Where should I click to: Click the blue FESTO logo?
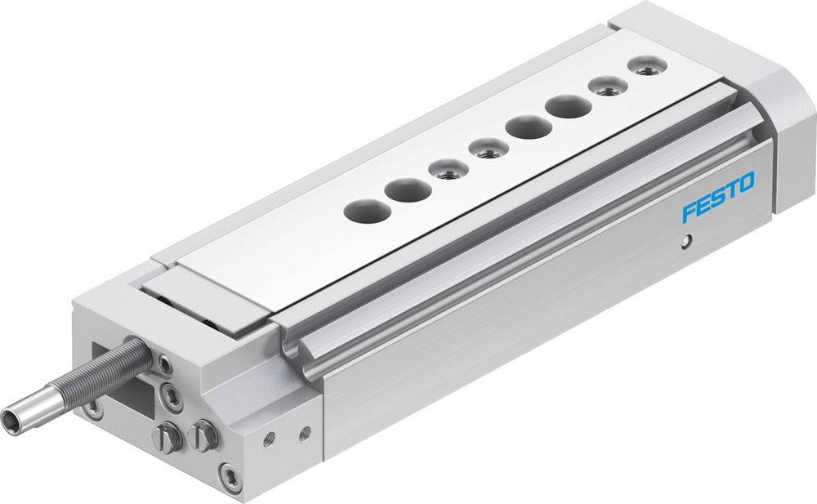[719, 197]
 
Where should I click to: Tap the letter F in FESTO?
[690, 212]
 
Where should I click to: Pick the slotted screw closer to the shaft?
[167, 439]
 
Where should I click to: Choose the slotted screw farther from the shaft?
[203, 435]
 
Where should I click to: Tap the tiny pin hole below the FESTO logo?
[687, 241]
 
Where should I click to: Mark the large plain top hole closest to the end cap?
[569, 107]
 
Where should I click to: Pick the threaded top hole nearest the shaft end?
[448, 170]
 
